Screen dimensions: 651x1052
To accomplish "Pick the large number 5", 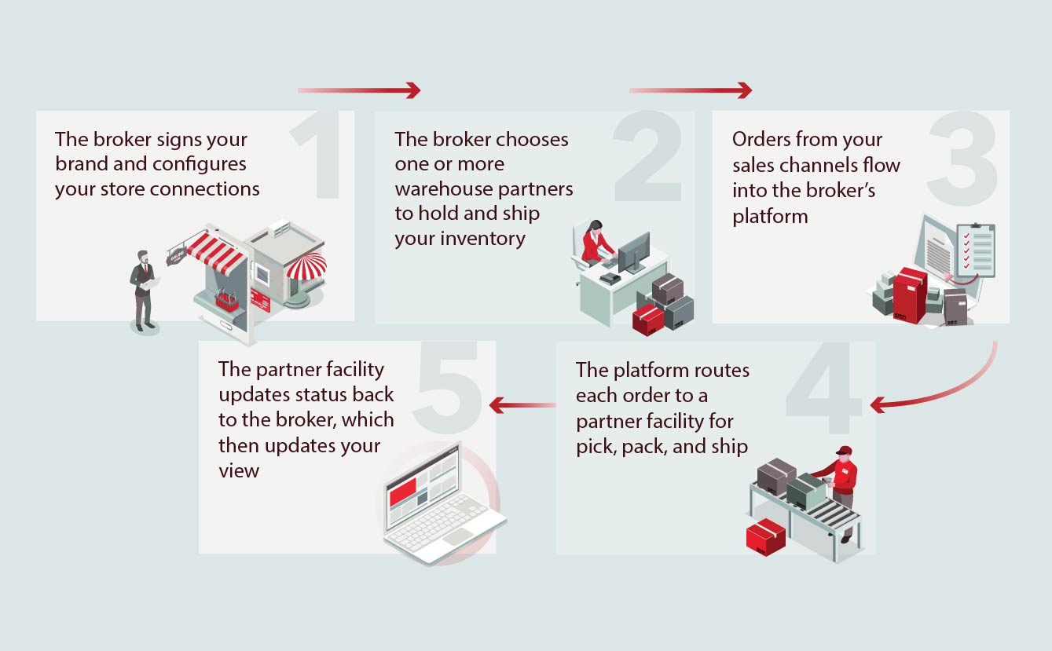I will [x=449, y=386].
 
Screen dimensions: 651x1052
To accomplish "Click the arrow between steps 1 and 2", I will [x=359, y=90].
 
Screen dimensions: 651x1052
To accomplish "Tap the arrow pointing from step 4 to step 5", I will [x=522, y=405].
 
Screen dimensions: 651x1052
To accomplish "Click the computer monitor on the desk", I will [x=633, y=251].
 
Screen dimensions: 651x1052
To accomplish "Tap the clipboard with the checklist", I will [x=975, y=250].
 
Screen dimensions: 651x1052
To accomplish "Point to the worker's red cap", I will [x=844, y=451].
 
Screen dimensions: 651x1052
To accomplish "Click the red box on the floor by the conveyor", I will [x=765, y=536].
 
